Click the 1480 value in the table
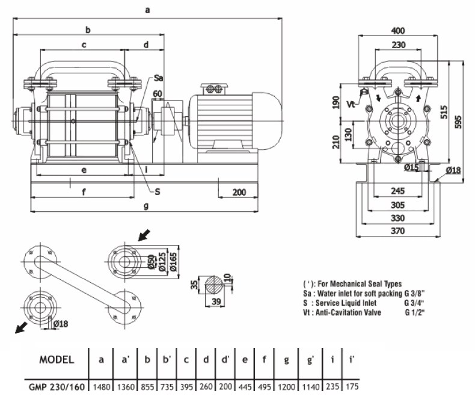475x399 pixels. [x=101, y=387]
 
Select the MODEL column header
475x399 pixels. [x=57, y=360]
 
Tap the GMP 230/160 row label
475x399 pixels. [x=57, y=387]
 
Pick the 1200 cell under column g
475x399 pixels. [x=286, y=387]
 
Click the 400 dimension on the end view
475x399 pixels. [x=398, y=30]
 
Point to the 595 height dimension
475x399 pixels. [x=458, y=122]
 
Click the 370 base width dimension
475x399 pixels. [x=398, y=231]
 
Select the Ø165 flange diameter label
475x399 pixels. [x=173, y=262]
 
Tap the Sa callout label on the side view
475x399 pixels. [x=159, y=78]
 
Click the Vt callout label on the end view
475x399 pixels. [x=351, y=104]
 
